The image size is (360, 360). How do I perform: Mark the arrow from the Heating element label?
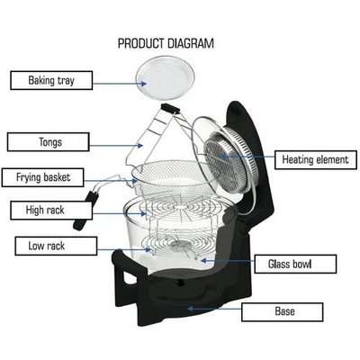[251, 159]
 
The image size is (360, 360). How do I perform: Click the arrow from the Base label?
[216, 310]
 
